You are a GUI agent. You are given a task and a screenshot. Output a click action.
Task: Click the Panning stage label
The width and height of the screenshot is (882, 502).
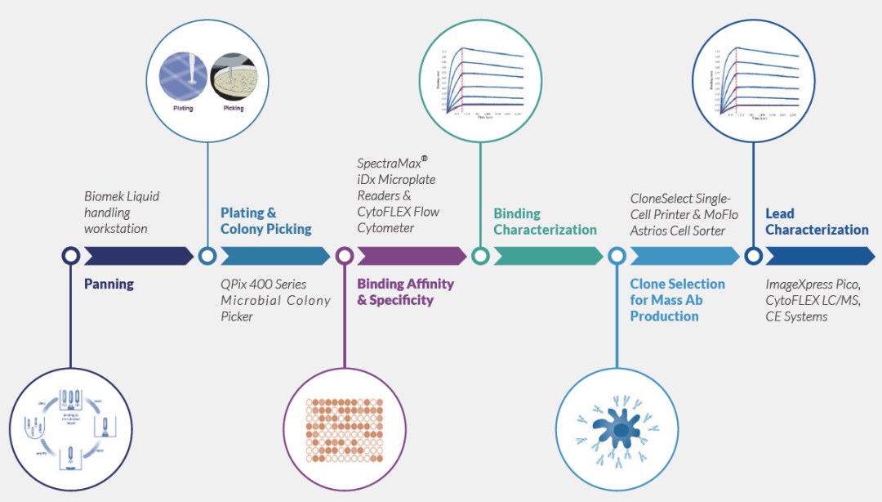[109, 285]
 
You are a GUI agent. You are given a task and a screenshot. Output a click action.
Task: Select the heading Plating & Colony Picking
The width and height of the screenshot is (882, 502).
[265, 221]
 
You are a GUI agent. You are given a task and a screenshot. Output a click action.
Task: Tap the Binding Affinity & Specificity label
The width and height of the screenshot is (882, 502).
[405, 292]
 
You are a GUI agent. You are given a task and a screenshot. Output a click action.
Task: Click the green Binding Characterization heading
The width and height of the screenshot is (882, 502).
[545, 222]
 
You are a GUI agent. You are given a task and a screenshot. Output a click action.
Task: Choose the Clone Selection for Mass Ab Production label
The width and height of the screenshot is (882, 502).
[677, 299]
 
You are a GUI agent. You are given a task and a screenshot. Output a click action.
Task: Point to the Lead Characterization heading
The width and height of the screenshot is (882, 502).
[817, 222]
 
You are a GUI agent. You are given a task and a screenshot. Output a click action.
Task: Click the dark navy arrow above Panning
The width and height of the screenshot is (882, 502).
[139, 256]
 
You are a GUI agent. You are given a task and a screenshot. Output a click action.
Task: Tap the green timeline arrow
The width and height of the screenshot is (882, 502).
[548, 256]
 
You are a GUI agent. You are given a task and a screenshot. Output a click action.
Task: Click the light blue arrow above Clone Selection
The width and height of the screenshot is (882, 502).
[684, 256]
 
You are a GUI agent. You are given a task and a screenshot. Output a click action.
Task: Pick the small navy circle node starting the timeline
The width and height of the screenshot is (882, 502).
[71, 256]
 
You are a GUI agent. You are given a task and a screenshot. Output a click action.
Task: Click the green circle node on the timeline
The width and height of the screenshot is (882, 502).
[480, 256]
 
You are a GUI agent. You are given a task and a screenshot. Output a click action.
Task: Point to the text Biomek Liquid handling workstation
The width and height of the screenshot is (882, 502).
[122, 213]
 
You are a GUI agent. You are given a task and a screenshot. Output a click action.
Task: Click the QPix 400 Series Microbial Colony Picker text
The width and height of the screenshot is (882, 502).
[275, 300]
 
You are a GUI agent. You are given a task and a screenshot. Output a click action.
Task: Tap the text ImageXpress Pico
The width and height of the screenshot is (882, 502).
[812, 285]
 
